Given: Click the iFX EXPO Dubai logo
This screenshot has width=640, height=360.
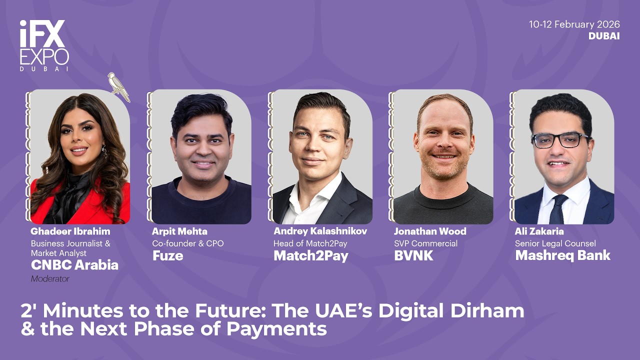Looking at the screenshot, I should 44,45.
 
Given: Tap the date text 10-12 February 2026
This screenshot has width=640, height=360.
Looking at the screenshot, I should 574,24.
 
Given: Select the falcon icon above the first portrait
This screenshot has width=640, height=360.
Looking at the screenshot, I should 118,86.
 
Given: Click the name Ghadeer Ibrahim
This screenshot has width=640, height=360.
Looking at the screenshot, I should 70,231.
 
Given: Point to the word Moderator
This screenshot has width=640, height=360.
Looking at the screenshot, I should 50,279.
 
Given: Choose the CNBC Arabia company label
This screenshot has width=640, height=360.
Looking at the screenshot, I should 74,265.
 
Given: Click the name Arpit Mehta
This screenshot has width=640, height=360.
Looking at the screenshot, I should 179,231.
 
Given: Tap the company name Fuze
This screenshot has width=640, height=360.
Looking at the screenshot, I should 167,256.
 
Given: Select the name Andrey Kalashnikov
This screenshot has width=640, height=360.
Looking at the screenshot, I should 320,231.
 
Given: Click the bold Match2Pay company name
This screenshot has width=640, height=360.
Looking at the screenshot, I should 310,256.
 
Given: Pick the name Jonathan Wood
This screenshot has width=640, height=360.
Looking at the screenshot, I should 430,231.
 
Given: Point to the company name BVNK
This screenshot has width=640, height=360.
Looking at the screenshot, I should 413,256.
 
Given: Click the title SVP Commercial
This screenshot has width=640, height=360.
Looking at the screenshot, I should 425,243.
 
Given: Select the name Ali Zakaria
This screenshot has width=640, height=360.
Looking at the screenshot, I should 539,231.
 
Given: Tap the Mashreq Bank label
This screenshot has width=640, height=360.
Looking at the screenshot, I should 562,255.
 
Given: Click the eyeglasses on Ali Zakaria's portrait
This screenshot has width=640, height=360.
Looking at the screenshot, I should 560,140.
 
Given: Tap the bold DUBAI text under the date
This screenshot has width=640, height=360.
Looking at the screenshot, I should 604,36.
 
